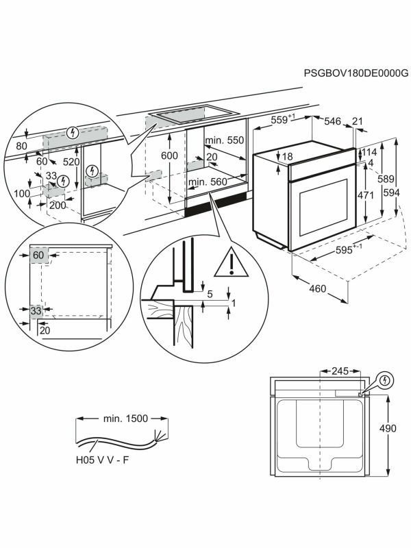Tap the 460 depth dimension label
[x=317, y=288]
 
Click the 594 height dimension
[x=391, y=193]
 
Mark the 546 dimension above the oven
[x=332, y=121]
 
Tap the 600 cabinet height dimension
[x=169, y=155]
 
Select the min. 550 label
[x=224, y=140]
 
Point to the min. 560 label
[x=208, y=182]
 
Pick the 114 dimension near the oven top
[x=369, y=152]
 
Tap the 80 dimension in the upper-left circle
[x=21, y=146]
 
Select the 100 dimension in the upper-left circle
[x=22, y=194]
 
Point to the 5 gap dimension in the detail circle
[x=210, y=295]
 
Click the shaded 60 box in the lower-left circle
[x=38, y=256]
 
